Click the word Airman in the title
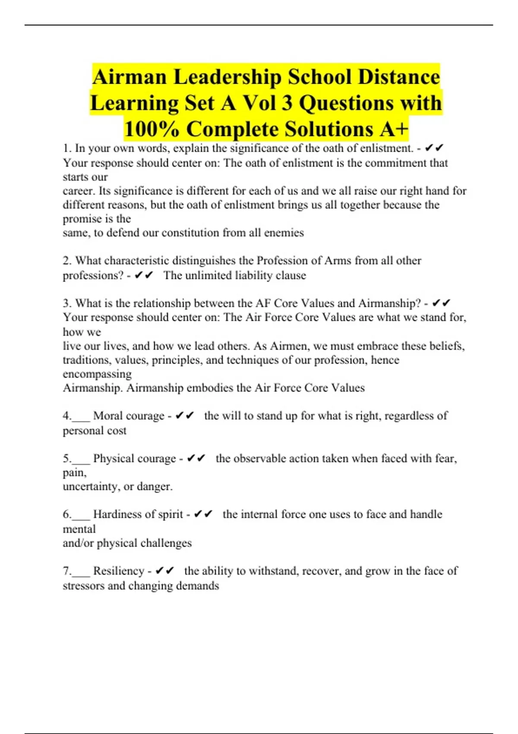pyautogui.click(x=129, y=77)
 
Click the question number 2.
pyautogui.click(x=66, y=261)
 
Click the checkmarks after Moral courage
pyautogui.click(x=185, y=416)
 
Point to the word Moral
pyautogui.click(x=107, y=416)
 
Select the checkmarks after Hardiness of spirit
pyautogui.click(x=203, y=514)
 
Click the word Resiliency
pyautogui.click(x=119, y=571)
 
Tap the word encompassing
pyautogui.click(x=97, y=374)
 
